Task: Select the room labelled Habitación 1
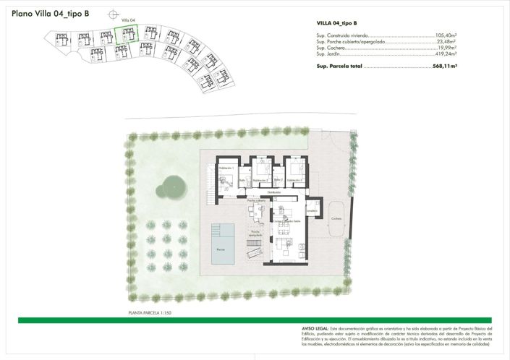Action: (x=225, y=168)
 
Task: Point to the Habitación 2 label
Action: (x=260, y=180)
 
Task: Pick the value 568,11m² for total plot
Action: (x=445, y=66)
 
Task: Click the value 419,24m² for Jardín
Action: (x=446, y=54)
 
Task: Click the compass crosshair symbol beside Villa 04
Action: (x=112, y=14)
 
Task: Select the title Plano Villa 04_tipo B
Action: (x=51, y=13)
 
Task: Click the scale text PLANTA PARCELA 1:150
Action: (x=149, y=313)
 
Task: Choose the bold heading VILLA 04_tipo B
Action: (x=336, y=23)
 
